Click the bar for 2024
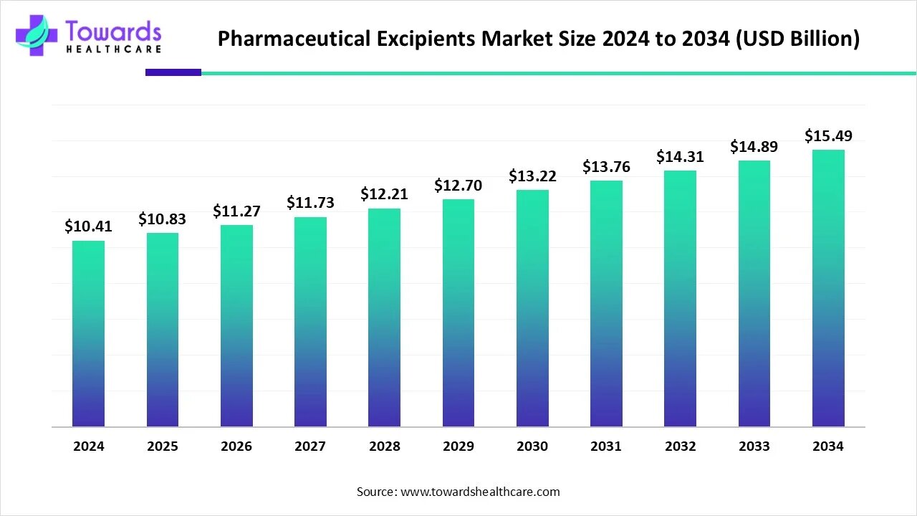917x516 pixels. click(x=88, y=334)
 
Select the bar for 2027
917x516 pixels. click(x=310, y=322)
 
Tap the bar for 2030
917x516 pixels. click(x=532, y=308)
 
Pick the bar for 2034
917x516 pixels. click(x=828, y=288)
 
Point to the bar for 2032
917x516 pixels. click(x=680, y=298)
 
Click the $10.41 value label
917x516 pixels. click(x=88, y=226)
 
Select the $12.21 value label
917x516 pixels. click(x=384, y=194)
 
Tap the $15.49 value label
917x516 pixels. click(x=828, y=135)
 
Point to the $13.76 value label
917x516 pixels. click(x=606, y=166)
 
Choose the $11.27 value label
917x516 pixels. click(x=236, y=211)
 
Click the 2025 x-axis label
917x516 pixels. click(x=163, y=446)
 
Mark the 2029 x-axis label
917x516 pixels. click(x=458, y=446)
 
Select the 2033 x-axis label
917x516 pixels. click(x=754, y=446)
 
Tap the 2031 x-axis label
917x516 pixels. click(x=606, y=446)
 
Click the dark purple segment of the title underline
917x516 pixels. click(x=173, y=72)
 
